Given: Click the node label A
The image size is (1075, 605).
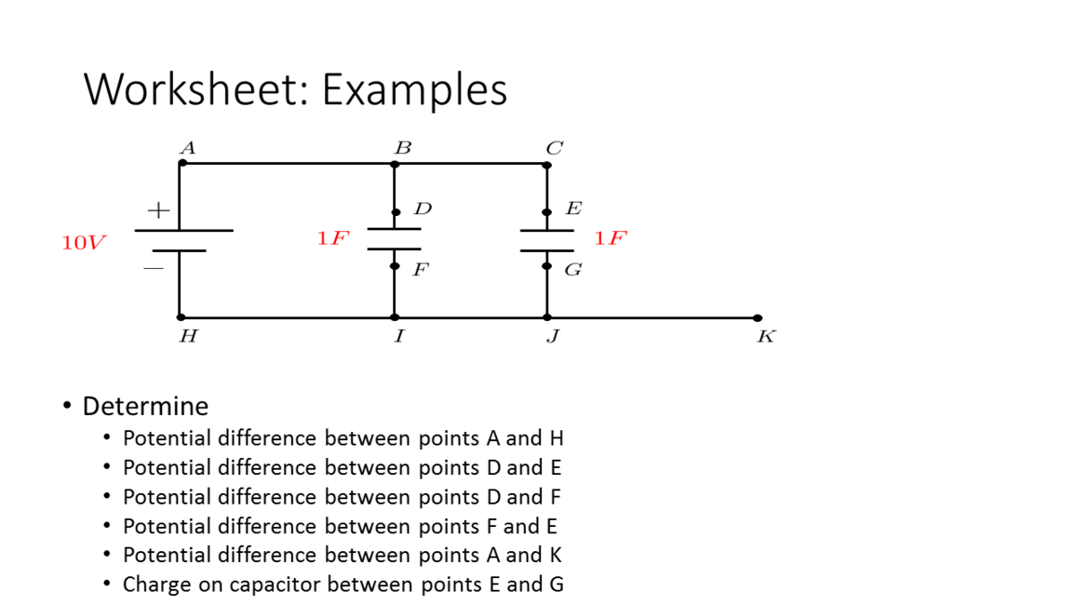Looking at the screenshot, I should tap(188, 148).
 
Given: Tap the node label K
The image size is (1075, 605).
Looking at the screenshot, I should tap(766, 337).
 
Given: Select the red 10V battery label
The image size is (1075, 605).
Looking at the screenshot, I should tap(84, 243).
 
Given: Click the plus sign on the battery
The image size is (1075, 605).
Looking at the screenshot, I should tap(158, 210).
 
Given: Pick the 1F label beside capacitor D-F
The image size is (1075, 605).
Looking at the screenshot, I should tap(332, 238).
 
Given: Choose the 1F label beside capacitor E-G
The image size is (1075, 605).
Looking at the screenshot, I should tap(611, 238).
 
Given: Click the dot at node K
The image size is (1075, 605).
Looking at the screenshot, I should tap(758, 318).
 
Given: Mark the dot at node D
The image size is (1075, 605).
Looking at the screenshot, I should tap(396, 212).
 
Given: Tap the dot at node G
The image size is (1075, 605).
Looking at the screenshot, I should tap(546, 266).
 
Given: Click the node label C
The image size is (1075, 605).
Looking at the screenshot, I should tap(554, 148).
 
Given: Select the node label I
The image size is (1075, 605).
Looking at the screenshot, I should tap(398, 337).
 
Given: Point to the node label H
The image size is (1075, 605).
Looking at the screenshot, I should tap(188, 337).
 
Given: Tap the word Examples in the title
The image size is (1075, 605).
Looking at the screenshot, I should tap(415, 90).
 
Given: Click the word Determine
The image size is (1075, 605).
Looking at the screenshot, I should tap(145, 406).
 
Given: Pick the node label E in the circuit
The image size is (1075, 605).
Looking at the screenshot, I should tap(573, 208).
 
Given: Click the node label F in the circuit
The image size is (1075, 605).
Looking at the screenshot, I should tap(422, 270).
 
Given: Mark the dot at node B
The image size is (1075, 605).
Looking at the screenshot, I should tap(395, 164).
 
